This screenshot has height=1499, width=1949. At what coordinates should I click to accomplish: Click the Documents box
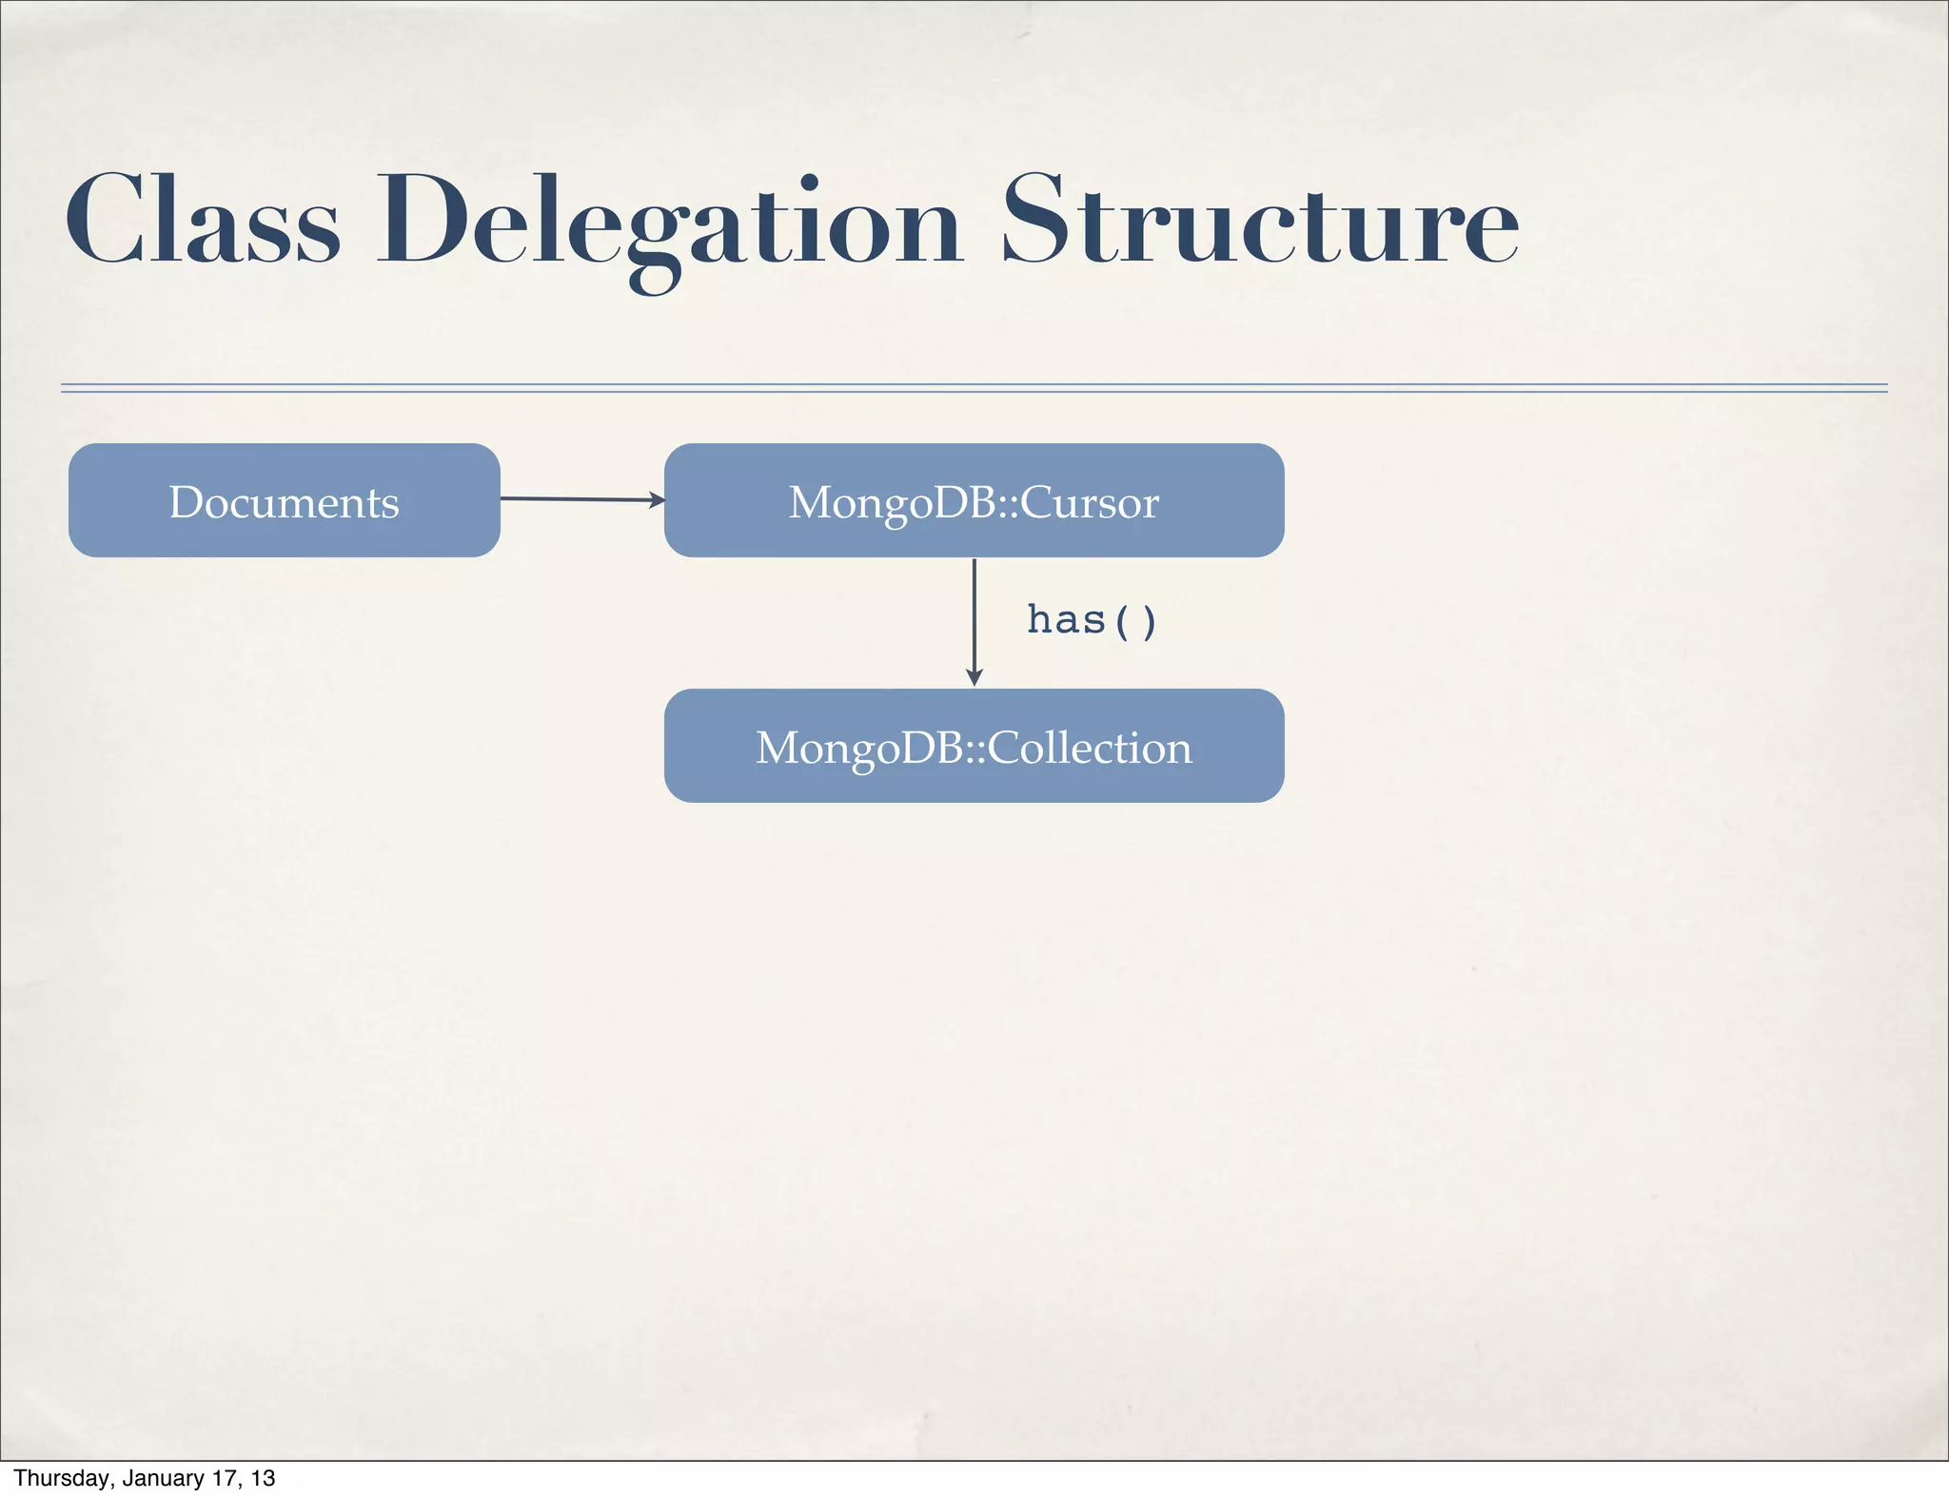284,500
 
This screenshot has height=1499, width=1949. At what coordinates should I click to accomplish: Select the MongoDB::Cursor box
974,500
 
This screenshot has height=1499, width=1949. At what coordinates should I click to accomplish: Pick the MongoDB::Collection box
974,746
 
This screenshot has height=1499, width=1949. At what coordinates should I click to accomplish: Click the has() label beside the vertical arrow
1092,620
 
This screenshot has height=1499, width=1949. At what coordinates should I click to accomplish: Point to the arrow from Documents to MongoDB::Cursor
581,498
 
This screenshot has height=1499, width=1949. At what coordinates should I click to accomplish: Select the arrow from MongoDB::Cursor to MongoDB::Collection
974,618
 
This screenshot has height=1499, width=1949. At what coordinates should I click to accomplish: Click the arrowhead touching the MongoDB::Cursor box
657,499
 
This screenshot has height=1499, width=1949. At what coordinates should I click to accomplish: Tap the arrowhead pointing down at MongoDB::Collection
974,677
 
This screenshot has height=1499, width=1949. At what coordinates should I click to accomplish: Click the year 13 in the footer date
264,1478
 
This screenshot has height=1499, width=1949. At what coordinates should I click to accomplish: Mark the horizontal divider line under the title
974,387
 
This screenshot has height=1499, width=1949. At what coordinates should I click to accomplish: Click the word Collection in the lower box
1090,748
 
